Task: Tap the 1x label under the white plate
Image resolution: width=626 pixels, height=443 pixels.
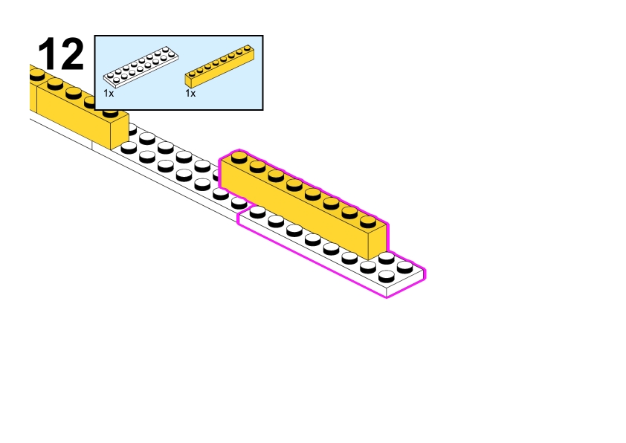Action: coord(109,94)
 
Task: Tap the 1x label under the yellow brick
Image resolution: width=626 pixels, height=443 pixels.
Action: coord(190,94)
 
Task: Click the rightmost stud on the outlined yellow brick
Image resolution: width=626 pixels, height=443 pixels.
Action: coord(368,221)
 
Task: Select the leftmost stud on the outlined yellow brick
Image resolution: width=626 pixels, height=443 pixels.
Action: coord(239,156)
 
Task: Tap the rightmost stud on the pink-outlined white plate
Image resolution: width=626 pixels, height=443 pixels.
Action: coord(405,265)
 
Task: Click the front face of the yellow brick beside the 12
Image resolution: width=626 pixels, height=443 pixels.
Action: coord(71,115)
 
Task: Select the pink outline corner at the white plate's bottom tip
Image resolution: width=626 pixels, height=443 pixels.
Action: coord(387,297)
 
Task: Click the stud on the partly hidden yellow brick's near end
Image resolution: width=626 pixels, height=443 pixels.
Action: coord(110,111)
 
